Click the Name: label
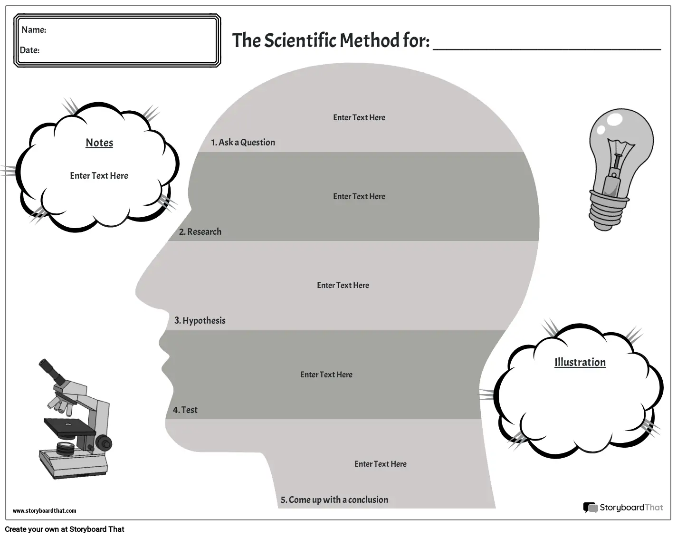(34, 30)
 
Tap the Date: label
(29, 50)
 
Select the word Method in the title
(369, 40)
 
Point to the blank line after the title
(547, 49)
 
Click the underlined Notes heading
(99, 143)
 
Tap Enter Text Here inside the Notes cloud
(99, 176)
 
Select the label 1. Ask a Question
(243, 142)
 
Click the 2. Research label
(200, 232)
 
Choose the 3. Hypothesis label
(200, 320)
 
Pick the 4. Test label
(185, 410)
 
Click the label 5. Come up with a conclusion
(334, 500)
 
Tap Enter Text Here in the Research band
(359, 196)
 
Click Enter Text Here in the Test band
(326, 375)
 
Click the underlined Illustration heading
(580, 362)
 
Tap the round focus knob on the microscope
(104, 443)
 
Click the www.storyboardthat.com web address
(44, 510)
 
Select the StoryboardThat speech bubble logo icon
(590, 508)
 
